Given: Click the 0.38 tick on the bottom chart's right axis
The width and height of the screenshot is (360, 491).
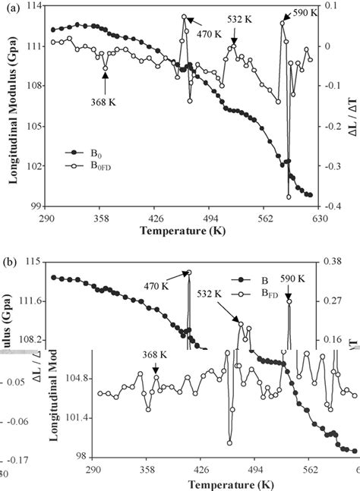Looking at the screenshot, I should pos(336,261).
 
